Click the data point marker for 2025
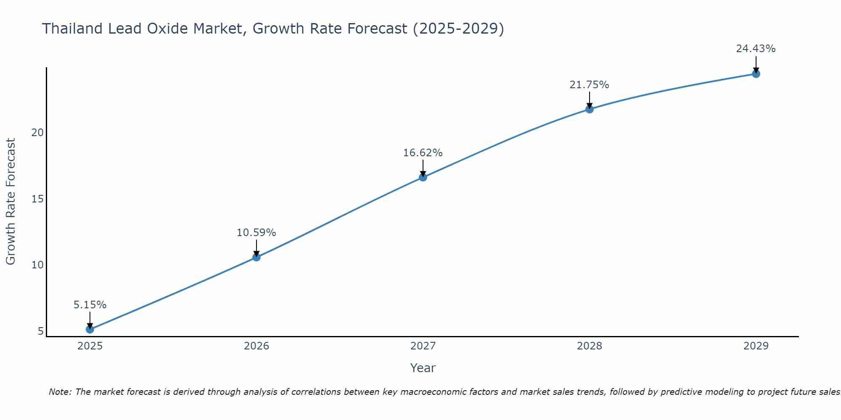point(90,329)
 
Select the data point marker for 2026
point(256,257)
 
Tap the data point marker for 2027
point(423,177)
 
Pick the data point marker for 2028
point(589,109)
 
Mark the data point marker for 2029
point(756,74)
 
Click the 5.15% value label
point(90,305)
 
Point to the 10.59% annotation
point(256,233)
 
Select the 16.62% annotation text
point(423,153)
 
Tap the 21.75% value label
point(589,85)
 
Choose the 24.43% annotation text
point(756,49)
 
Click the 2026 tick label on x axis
point(256,346)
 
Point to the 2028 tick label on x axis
point(589,346)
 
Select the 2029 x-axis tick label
point(756,346)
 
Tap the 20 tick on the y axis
point(37,133)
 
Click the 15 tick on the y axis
point(37,199)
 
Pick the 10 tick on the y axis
point(37,265)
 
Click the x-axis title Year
point(423,368)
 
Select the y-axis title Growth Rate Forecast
point(11,202)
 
